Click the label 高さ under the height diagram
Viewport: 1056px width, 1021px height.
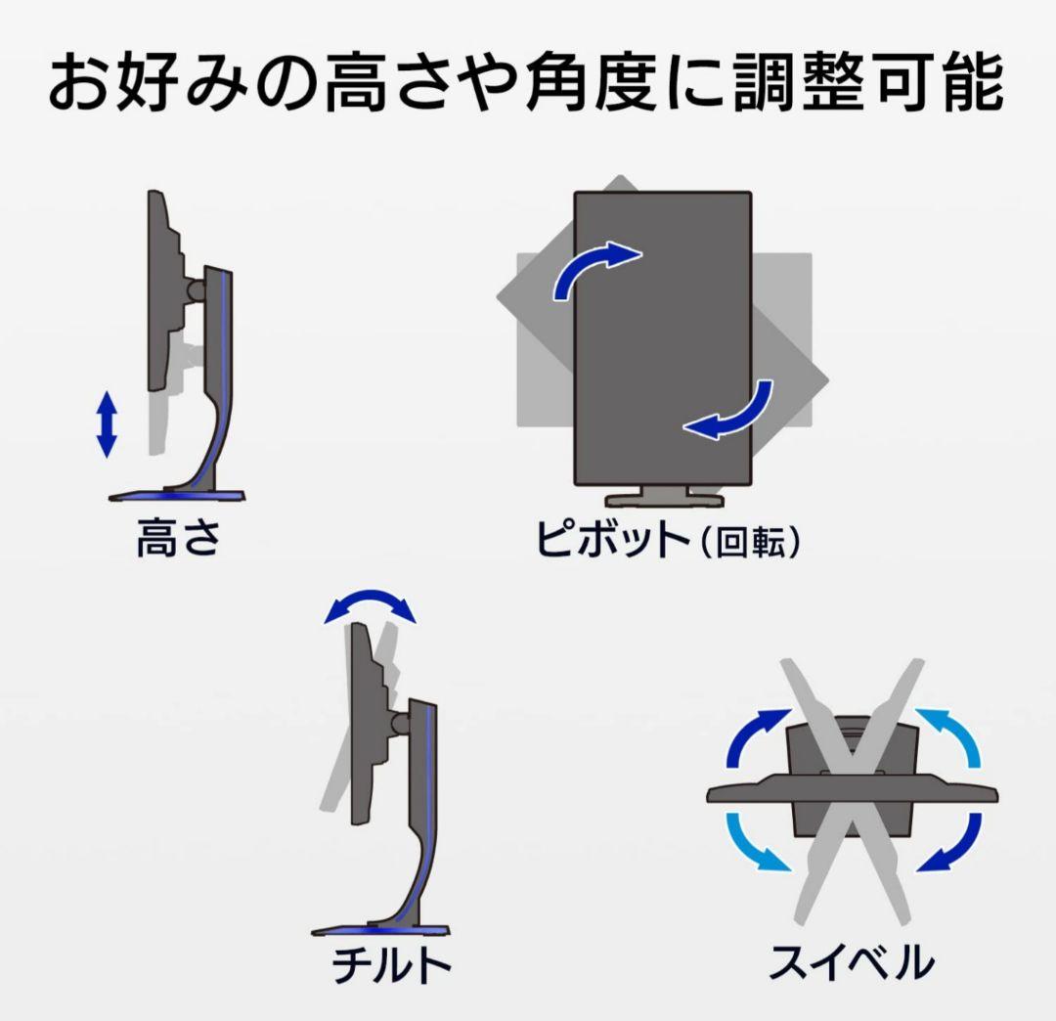coord(179,538)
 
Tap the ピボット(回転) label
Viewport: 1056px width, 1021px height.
coord(668,539)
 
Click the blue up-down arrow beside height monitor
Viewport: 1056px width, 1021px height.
coord(108,424)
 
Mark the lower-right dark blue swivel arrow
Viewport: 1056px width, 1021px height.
coord(948,842)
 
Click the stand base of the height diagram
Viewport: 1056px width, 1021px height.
coord(176,496)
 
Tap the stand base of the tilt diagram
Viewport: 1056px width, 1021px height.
coord(380,930)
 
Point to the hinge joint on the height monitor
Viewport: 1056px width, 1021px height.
coord(197,290)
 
